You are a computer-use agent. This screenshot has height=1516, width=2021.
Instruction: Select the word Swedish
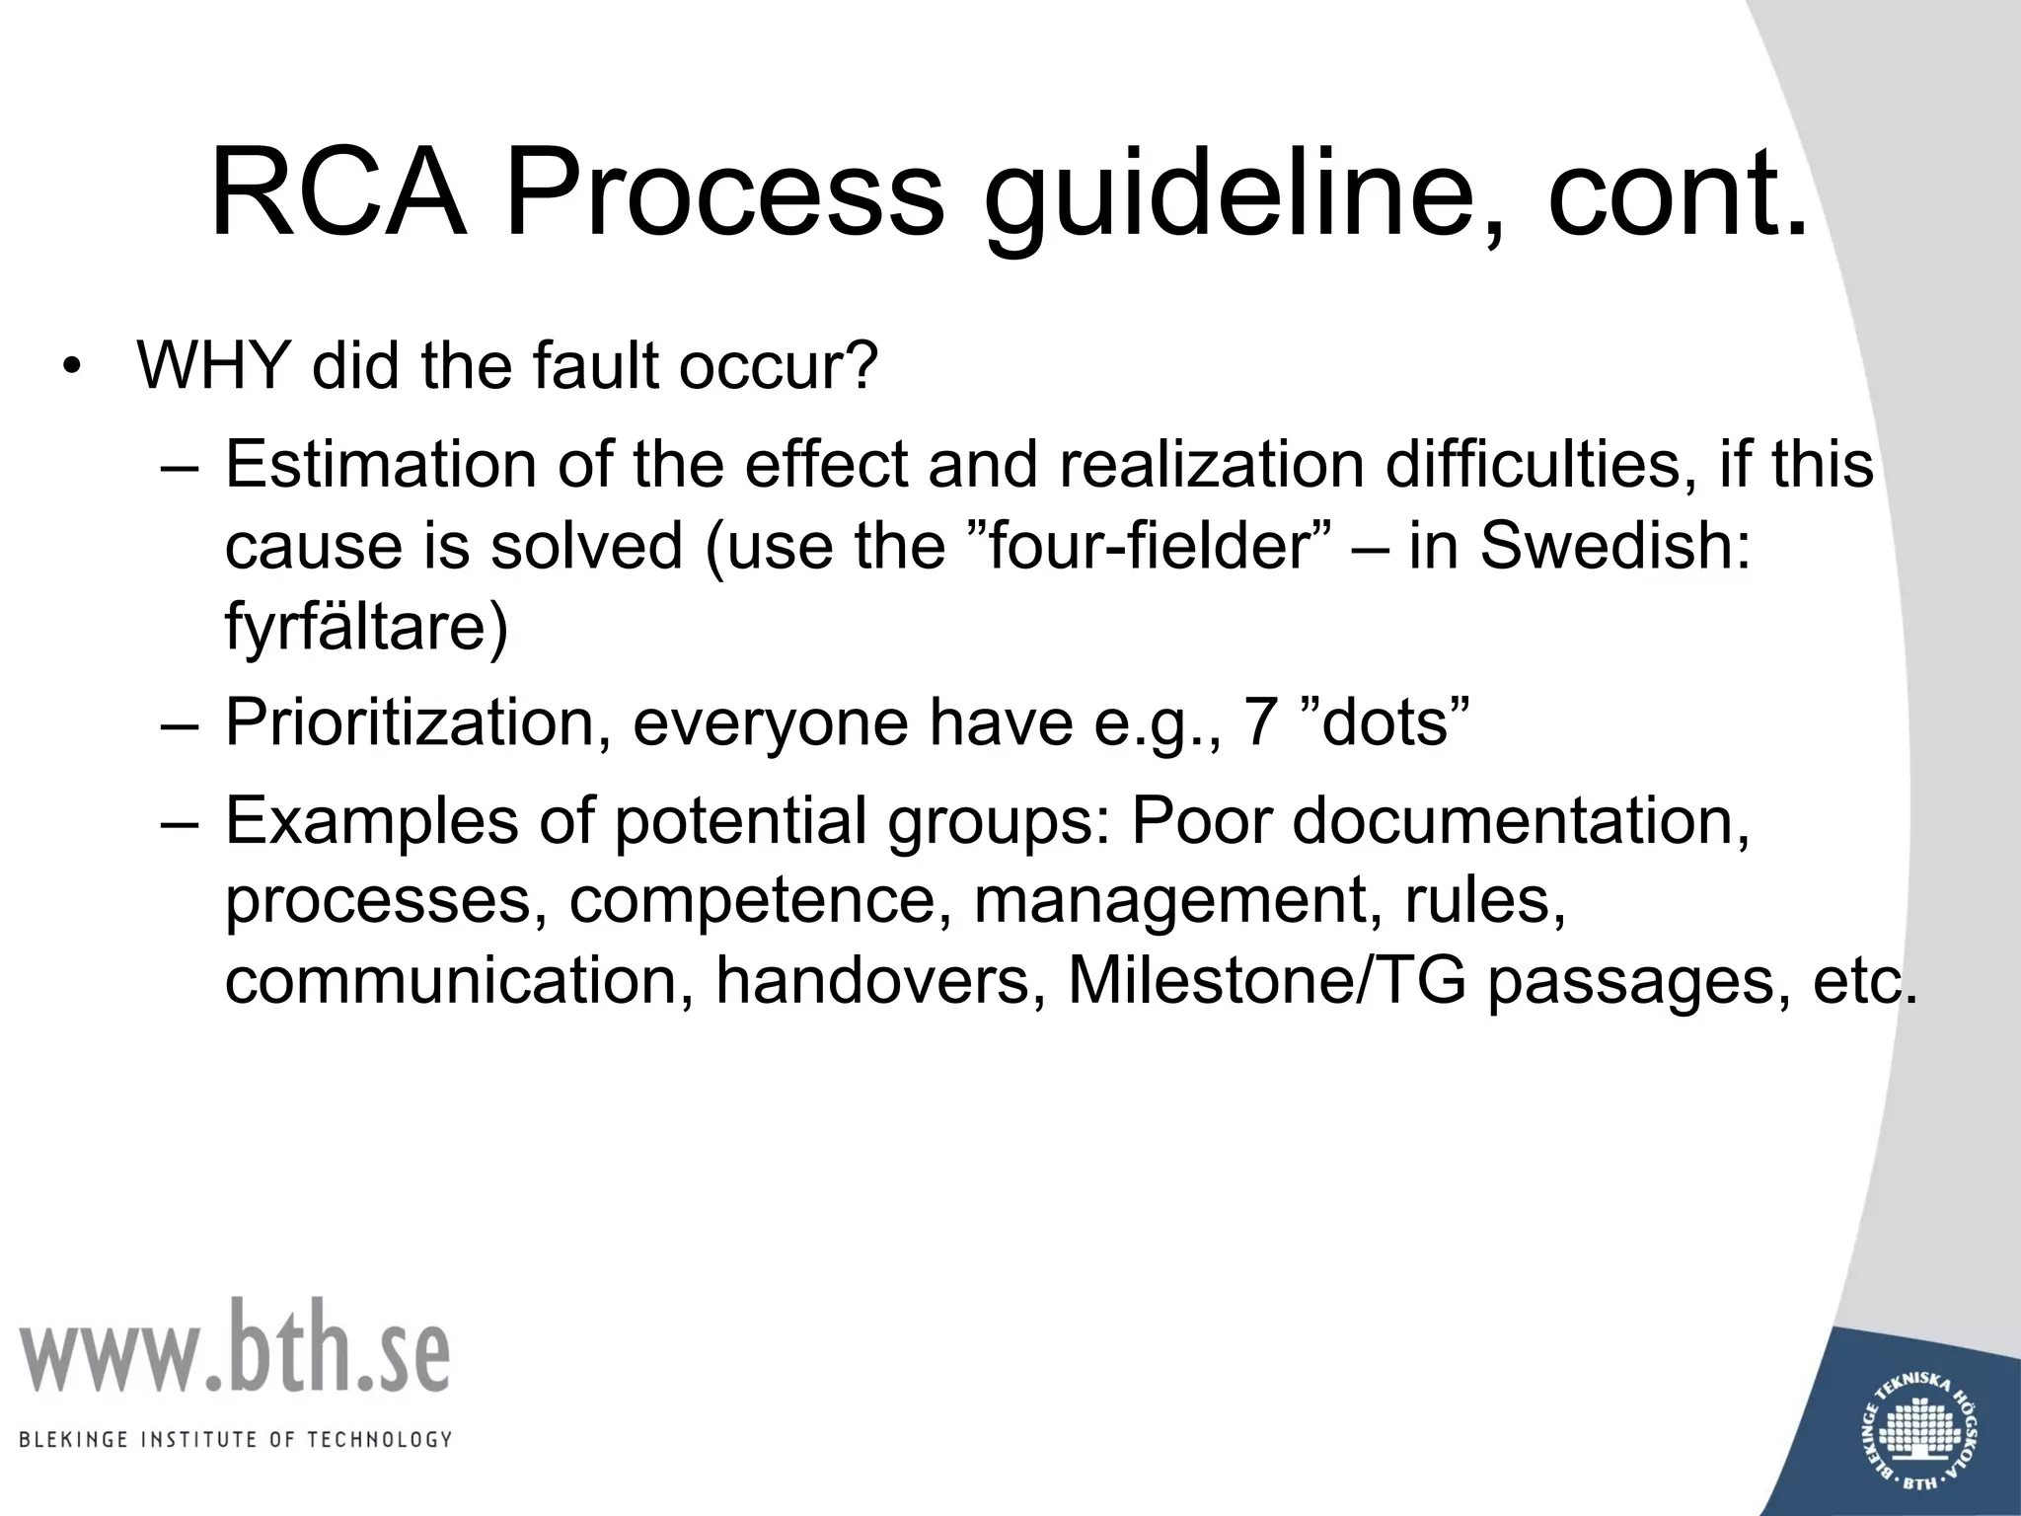tap(1615, 545)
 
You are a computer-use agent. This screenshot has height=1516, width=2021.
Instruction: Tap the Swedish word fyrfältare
tap(366, 628)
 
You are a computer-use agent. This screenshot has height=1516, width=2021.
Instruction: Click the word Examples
tap(372, 819)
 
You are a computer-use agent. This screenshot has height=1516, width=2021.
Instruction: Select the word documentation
tap(1521, 819)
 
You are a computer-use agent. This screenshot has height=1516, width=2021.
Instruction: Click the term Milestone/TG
tap(1267, 981)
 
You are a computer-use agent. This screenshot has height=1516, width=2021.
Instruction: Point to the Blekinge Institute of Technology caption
tap(235, 1440)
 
